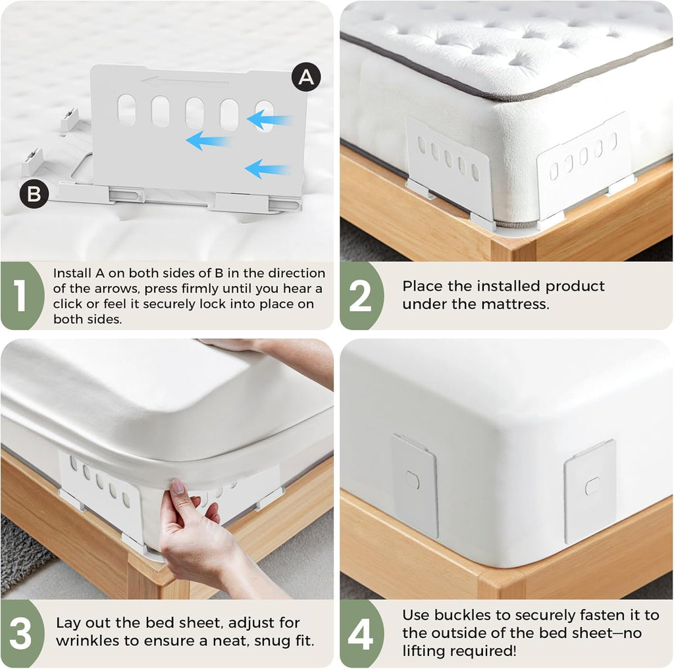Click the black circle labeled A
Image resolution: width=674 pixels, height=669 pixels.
click(x=306, y=78)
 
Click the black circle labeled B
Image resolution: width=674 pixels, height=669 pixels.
click(x=34, y=194)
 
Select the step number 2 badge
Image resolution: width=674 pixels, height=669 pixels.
click(x=360, y=295)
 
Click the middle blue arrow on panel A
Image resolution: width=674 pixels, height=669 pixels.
click(x=208, y=140)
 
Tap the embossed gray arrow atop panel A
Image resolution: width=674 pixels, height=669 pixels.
click(x=185, y=82)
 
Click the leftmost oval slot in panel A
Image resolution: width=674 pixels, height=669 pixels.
click(x=126, y=110)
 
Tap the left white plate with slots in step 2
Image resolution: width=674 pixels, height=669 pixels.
click(x=448, y=165)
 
